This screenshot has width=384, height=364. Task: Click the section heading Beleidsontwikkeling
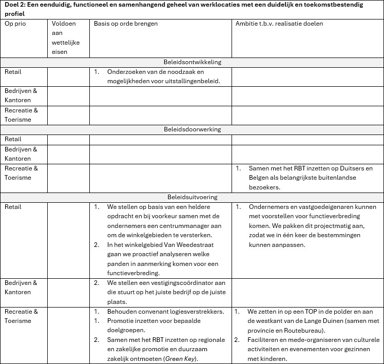point(192,62)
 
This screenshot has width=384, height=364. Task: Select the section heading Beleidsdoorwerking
point(192,129)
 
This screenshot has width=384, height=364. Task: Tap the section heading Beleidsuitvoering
point(192,197)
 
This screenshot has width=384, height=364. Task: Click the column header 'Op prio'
point(15,24)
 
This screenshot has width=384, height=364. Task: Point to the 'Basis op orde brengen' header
point(126,24)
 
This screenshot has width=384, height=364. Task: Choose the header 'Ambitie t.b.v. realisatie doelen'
point(279,24)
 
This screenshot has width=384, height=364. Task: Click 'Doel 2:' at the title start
point(15,5)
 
